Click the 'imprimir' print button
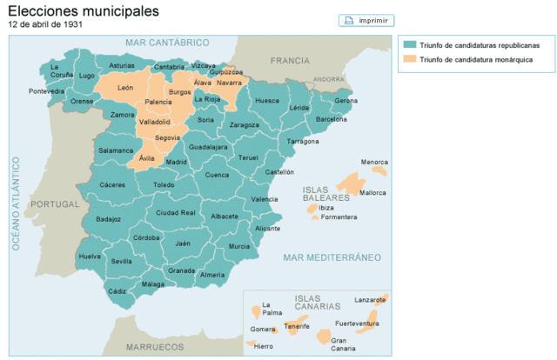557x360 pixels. click(366, 21)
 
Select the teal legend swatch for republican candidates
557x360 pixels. click(409, 45)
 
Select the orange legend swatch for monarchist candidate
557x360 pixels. click(409, 60)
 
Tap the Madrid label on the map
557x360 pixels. click(176, 162)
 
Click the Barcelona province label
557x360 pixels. click(331, 119)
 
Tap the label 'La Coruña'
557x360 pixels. click(61, 70)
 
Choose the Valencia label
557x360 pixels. click(265, 199)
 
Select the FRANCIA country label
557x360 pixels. click(290, 61)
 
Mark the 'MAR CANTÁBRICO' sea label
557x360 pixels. click(168, 43)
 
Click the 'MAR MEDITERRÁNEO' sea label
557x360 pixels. click(332, 257)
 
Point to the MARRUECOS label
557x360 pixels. click(155, 346)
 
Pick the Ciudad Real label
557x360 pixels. click(175, 212)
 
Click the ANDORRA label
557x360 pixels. click(329, 78)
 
